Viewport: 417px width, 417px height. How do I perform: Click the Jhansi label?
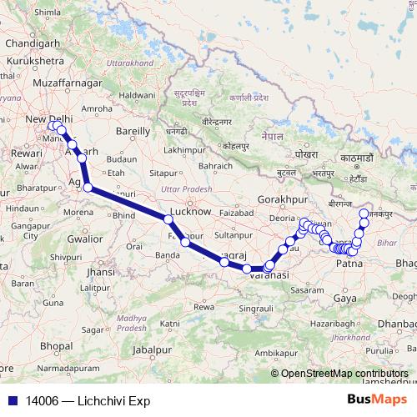click(100, 272)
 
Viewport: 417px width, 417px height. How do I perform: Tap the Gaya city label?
click(343, 298)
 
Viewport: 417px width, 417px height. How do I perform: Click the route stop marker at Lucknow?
click(168, 219)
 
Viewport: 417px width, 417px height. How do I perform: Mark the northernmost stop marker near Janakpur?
click(363, 213)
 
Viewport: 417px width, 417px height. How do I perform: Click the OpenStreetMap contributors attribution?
click(344, 374)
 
